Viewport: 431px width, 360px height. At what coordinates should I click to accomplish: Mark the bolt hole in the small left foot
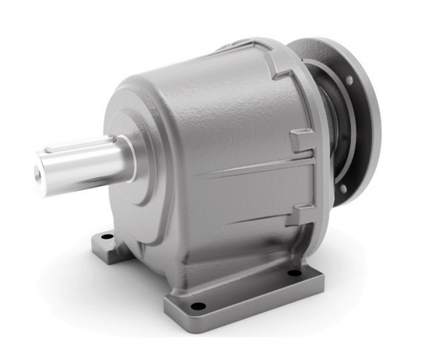click(x=106, y=239)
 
